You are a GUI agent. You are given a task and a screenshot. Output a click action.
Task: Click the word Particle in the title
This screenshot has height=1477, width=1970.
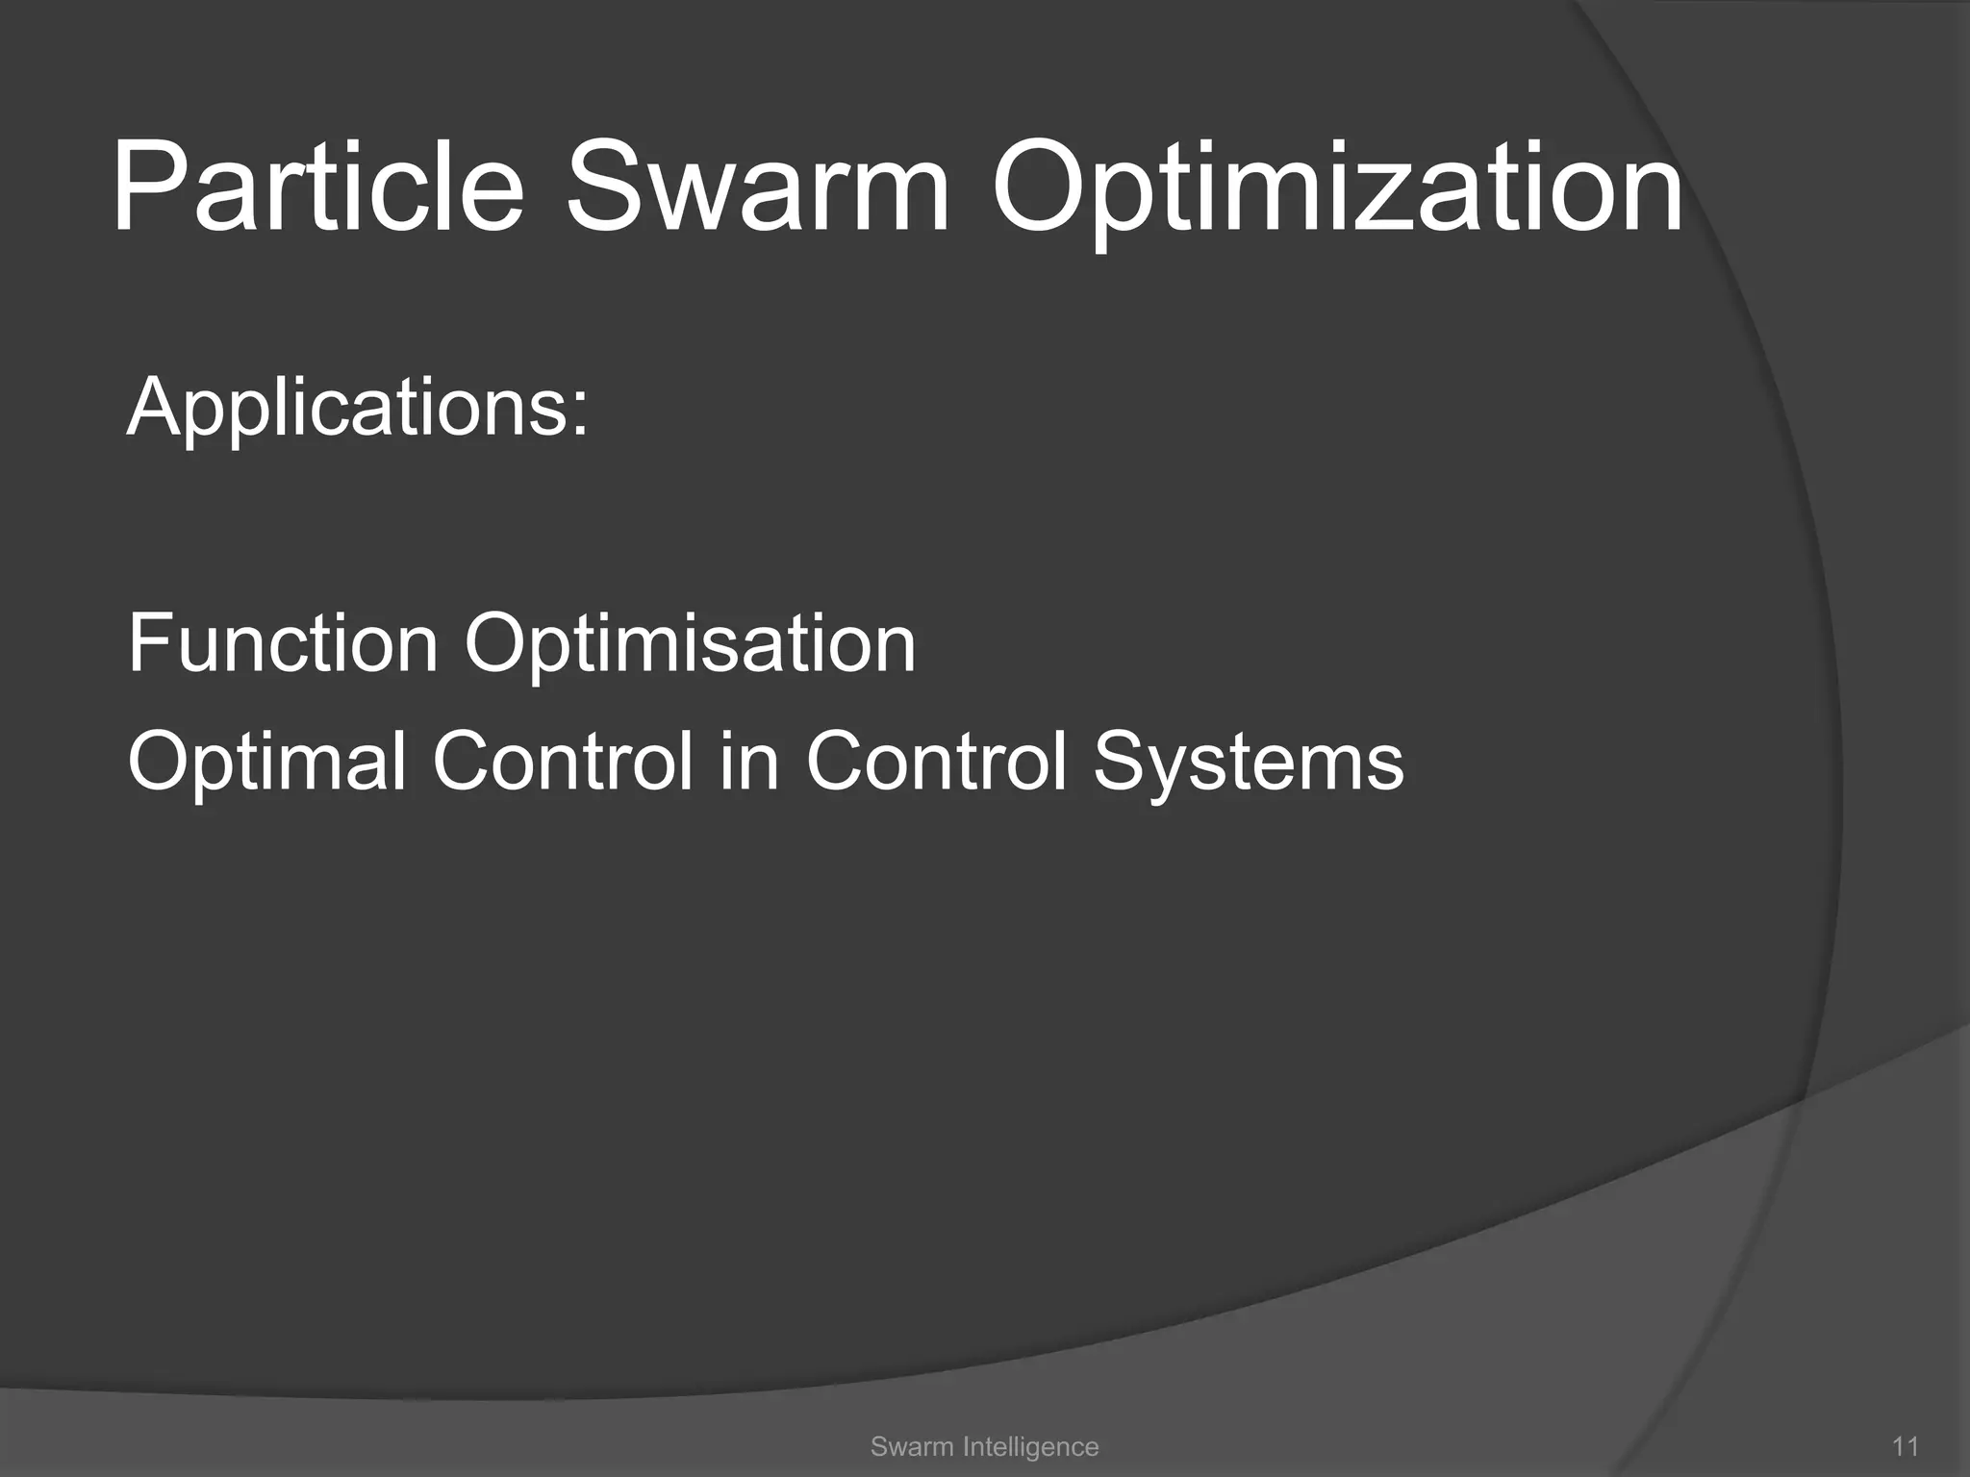tap(317, 188)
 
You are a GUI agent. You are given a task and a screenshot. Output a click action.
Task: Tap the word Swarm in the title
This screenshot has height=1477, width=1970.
tap(757, 188)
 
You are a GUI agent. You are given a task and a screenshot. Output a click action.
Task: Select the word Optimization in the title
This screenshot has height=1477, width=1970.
tap(1337, 192)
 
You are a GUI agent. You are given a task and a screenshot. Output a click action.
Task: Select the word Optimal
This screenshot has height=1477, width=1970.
tap(266, 762)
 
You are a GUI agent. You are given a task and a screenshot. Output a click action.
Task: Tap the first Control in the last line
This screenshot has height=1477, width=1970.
tap(563, 762)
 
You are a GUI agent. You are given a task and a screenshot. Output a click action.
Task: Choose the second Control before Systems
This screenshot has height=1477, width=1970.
tap(937, 762)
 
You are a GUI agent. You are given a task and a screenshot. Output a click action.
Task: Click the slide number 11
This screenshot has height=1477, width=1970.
tap(1906, 1446)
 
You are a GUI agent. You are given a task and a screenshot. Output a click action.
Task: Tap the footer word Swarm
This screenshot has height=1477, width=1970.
tap(904, 1446)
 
